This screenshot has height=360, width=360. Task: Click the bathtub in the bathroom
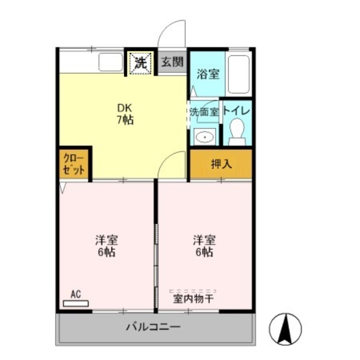point(238,74)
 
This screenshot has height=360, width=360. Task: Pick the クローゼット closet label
point(74,164)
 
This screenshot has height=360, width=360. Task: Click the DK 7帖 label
point(125,114)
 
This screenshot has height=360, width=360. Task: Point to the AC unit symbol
point(76,304)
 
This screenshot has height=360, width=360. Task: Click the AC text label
point(76,294)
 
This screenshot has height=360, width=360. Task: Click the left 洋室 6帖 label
point(107,246)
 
